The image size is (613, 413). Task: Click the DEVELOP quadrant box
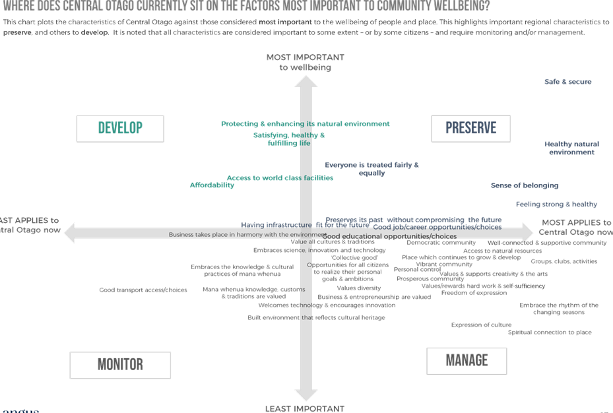[x=120, y=128]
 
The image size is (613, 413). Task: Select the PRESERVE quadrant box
[x=471, y=128]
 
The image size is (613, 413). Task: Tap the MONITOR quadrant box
[x=120, y=364]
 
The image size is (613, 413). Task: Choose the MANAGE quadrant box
[x=467, y=360]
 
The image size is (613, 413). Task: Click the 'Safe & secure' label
[x=567, y=82]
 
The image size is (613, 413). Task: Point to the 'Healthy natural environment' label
[x=571, y=148]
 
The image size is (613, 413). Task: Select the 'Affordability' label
[x=212, y=185]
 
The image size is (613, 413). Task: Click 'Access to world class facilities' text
[x=280, y=177]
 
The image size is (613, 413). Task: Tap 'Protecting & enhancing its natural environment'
[x=305, y=123]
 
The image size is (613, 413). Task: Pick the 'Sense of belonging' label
[x=525, y=185]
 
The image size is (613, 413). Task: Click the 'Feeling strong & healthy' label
[x=556, y=205]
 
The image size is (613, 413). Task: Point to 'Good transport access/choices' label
[x=143, y=290]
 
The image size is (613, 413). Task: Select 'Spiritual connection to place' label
[x=549, y=333]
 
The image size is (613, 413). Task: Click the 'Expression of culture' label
[x=481, y=325]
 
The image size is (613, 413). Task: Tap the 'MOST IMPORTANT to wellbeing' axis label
[x=304, y=62]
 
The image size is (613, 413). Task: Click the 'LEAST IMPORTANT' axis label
[x=304, y=408]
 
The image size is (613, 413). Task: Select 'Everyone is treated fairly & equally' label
[x=371, y=168]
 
